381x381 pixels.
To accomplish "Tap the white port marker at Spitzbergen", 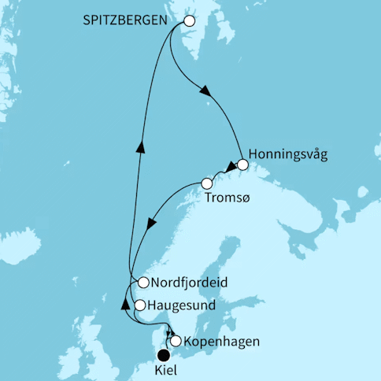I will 188,22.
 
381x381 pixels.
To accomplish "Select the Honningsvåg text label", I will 286,154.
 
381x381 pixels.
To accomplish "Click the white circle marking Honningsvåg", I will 242,165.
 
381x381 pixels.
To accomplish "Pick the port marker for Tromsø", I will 206,183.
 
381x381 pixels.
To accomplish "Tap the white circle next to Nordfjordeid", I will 143,283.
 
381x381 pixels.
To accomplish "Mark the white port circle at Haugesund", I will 140,305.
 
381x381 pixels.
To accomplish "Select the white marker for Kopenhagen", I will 176,341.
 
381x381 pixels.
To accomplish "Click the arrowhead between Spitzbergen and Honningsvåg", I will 209,93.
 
